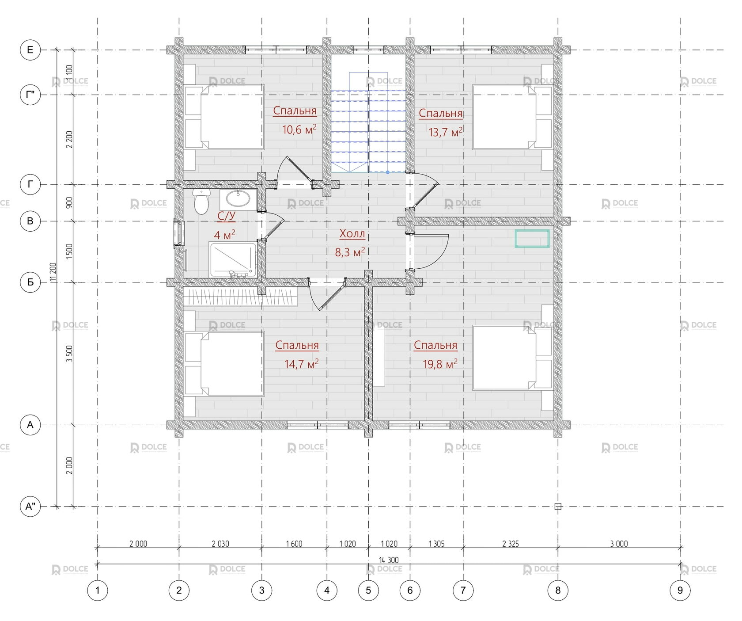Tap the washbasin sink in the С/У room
238,199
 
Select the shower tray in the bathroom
233,260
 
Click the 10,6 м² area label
299,129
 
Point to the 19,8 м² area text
440,364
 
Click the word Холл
352,233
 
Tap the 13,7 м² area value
446,132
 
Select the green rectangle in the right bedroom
532,238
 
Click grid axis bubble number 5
368,590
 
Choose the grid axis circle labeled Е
30,50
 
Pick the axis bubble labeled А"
30,507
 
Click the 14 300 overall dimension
389,560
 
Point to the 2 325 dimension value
511,544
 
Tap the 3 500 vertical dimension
69,354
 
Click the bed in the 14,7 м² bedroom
224,364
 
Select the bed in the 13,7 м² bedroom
512,117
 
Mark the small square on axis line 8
558,507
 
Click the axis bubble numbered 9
680,590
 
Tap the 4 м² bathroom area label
224,234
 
